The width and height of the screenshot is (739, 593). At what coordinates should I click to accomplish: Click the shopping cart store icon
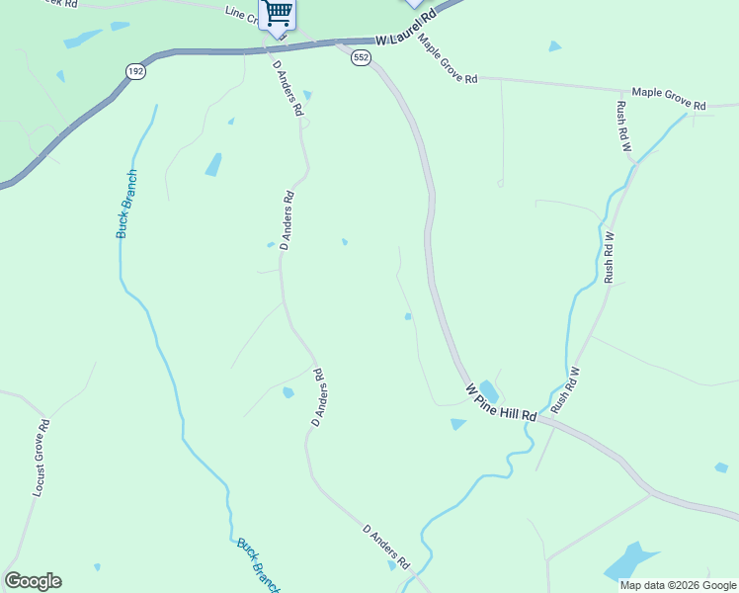[278, 13]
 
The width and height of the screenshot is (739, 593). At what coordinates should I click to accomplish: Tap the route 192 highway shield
[135, 71]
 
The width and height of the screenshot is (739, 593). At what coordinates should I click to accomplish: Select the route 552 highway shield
[361, 59]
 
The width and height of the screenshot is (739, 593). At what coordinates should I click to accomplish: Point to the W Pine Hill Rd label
[501, 402]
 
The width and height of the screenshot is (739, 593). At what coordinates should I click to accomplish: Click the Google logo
[33, 581]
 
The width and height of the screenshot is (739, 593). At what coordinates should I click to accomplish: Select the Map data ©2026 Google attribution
[678, 585]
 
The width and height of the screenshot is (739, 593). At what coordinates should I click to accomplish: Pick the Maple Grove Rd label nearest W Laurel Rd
[448, 59]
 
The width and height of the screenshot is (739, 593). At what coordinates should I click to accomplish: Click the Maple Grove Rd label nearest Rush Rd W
[669, 99]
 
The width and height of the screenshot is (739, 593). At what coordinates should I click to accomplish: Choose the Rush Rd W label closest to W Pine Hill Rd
[565, 389]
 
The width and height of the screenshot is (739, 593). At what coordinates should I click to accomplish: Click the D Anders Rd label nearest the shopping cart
[287, 88]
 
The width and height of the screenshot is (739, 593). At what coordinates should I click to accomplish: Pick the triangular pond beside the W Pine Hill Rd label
[457, 424]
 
